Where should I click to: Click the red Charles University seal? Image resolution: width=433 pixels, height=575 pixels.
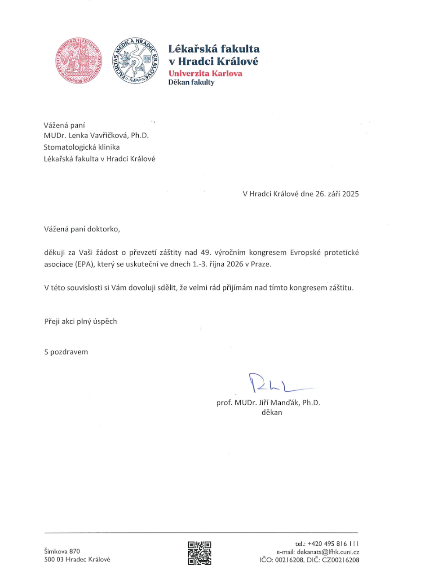click(x=79, y=61)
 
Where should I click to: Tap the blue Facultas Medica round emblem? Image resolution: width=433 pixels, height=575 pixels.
click(x=135, y=61)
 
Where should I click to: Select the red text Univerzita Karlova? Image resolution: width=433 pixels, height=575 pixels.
click(x=205, y=74)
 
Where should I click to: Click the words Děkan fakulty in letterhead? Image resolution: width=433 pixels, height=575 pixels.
click(x=191, y=83)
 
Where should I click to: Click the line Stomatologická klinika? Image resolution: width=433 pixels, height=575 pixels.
click(x=81, y=147)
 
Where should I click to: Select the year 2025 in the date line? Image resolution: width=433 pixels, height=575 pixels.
click(x=350, y=194)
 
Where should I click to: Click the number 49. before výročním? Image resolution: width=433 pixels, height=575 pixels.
click(x=205, y=252)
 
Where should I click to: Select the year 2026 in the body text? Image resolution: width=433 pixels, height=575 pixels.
click(x=235, y=264)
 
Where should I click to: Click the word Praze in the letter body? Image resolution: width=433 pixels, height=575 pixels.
click(x=261, y=264)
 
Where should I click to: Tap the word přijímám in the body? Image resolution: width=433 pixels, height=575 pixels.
click(x=237, y=287)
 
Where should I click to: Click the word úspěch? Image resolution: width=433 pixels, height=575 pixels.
click(x=106, y=322)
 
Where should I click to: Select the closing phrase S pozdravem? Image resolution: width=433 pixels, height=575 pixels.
click(x=66, y=352)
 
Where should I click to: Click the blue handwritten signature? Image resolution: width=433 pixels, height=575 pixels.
click(x=274, y=384)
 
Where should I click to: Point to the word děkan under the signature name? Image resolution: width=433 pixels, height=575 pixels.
click(x=272, y=412)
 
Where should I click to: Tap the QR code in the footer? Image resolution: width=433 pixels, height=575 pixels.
click(x=199, y=553)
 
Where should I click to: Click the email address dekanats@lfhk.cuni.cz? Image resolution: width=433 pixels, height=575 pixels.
click(x=328, y=552)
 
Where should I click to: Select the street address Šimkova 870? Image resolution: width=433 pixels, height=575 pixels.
click(x=62, y=551)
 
